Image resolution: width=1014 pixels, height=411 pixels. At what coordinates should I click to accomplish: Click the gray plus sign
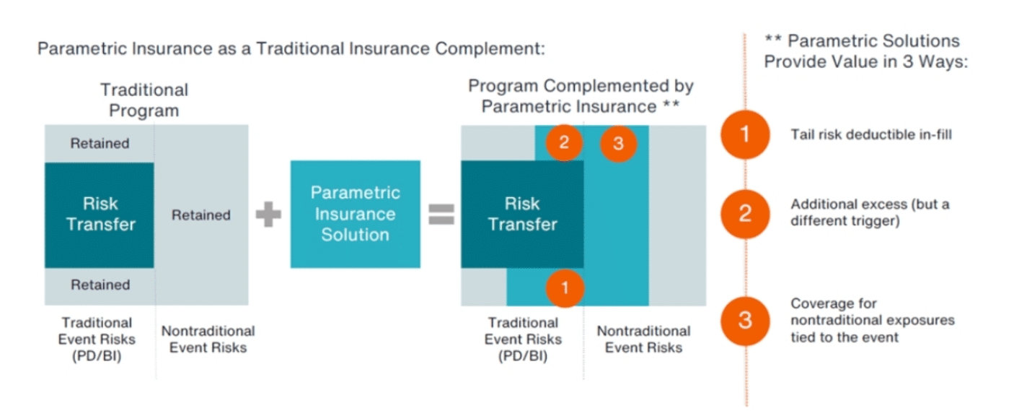[268, 215]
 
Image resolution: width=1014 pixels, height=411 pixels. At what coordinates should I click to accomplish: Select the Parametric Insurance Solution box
[355, 214]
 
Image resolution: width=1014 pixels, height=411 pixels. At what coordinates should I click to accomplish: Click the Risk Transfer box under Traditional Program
[100, 215]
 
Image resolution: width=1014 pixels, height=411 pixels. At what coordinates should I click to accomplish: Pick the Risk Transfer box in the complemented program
[522, 215]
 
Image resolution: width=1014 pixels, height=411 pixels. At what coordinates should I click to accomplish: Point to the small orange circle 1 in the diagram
[565, 288]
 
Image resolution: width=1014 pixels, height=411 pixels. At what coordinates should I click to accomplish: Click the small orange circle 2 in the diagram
[564, 143]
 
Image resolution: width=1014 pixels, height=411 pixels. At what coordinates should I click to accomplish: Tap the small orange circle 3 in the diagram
[618, 144]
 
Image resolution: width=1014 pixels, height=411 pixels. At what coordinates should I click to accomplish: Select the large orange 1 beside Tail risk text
[745, 134]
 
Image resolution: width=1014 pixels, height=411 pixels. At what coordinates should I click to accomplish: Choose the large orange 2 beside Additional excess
[745, 213]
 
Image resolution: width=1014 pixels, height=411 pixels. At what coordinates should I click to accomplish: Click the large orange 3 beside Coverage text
[745, 319]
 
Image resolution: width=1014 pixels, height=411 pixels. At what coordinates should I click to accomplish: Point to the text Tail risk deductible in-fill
[871, 134]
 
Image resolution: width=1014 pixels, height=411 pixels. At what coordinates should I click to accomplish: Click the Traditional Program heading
[144, 100]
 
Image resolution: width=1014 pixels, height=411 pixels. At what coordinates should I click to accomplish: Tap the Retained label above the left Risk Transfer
[100, 144]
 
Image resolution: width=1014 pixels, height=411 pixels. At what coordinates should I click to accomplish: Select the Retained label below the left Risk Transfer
[100, 285]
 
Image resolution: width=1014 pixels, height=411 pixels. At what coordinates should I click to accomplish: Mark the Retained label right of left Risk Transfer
[200, 215]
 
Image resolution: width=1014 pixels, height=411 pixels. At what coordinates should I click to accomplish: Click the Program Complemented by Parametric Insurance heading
[581, 96]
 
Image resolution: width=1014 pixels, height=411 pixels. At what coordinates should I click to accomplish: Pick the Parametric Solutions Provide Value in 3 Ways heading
[865, 51]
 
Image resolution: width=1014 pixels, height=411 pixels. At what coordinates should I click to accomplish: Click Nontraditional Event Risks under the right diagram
[643, 339]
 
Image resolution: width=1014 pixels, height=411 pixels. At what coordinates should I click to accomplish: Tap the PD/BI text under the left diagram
[97, 355]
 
